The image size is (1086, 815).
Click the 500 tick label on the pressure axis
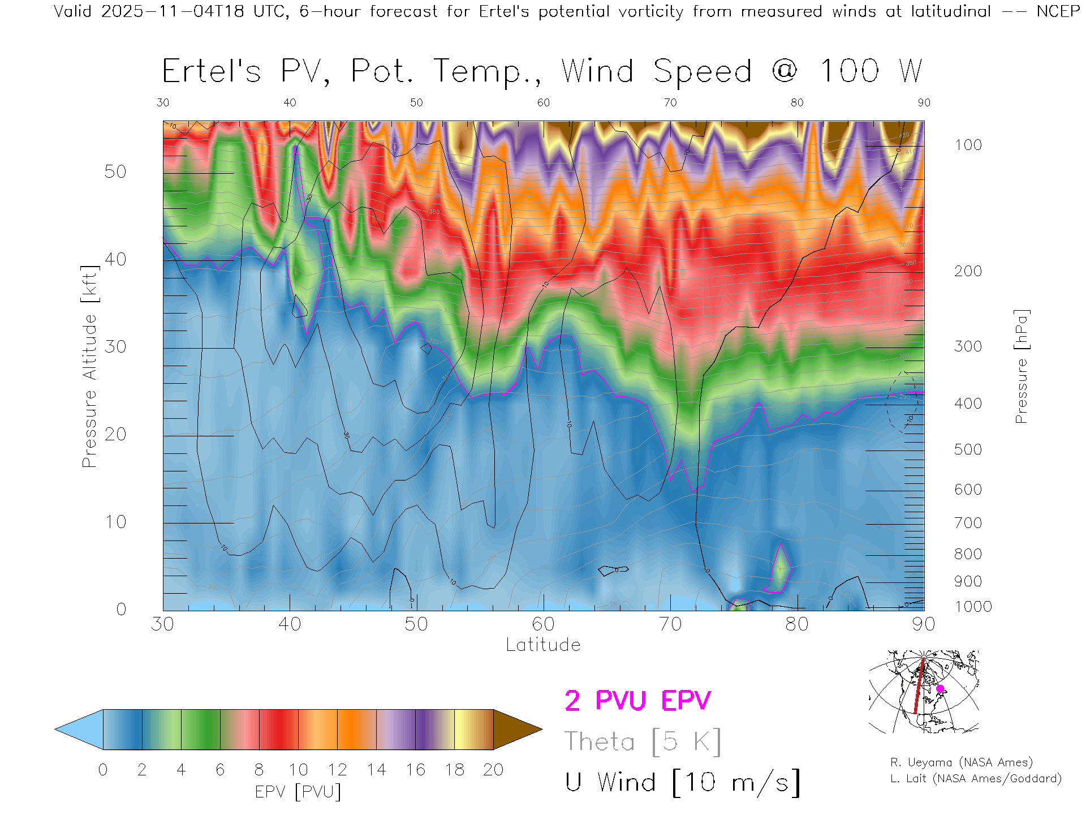point(968,449)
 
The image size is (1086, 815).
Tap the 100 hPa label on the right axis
point(968,145)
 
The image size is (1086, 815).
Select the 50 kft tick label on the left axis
point(115,171)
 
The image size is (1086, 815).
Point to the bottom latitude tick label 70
point(670,624)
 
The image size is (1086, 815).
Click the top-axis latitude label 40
point(290,102)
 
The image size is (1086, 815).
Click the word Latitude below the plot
point(543,645)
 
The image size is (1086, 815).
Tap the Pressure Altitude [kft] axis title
point(89,366)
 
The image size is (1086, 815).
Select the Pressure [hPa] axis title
point(1021,366)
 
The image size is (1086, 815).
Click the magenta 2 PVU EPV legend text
point(637,701)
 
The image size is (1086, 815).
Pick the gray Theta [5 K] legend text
point(643,741)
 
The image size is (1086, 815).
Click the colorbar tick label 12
point(337,770)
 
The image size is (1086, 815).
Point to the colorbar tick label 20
point(493,770)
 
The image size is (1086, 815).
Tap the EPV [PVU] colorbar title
point(298,792)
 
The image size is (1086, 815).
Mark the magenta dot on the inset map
point(940,689)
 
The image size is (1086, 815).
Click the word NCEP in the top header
point(1058,11)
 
